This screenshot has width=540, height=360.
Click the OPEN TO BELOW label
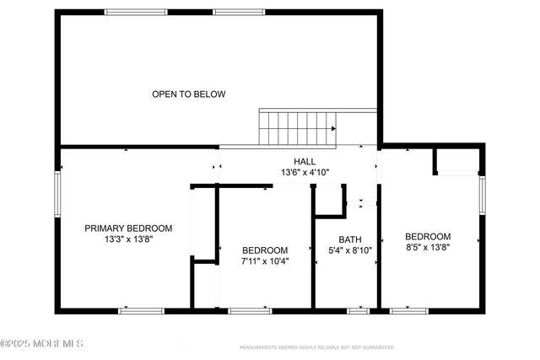point(188,94)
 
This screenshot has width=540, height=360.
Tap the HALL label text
point(305,161)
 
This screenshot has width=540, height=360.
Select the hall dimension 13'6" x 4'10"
point(305,172)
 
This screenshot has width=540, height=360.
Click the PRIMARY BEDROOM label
point(128,228)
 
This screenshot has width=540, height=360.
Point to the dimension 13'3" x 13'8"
point(128,239)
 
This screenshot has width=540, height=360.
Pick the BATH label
point(349,239)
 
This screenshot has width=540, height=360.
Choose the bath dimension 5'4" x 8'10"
point(349,250)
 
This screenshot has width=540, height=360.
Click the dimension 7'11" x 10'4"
point(265,261)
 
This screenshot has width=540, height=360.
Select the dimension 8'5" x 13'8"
point(428,248)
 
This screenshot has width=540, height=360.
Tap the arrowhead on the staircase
point(334,128)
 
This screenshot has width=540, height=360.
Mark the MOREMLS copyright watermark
point(42,343)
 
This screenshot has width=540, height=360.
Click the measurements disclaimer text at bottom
point(316,347)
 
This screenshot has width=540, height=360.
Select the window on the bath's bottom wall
point(359,311)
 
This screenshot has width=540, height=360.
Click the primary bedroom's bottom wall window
point(141,311)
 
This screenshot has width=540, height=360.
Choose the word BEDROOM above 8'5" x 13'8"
point(428,237)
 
